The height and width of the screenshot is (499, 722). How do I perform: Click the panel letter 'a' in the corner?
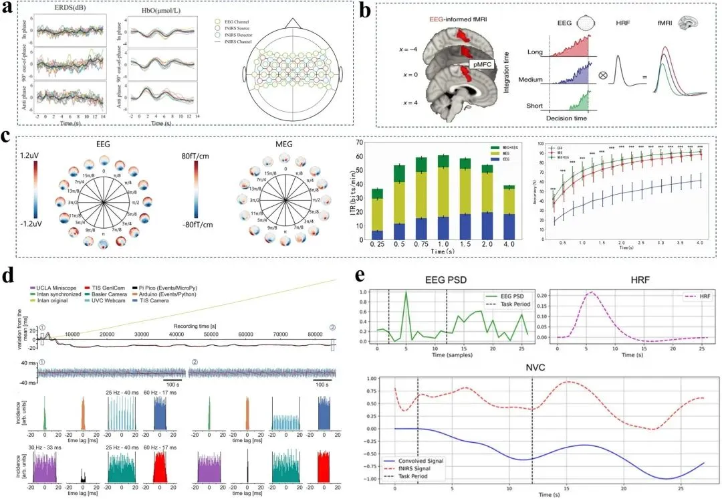point(10,9)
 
